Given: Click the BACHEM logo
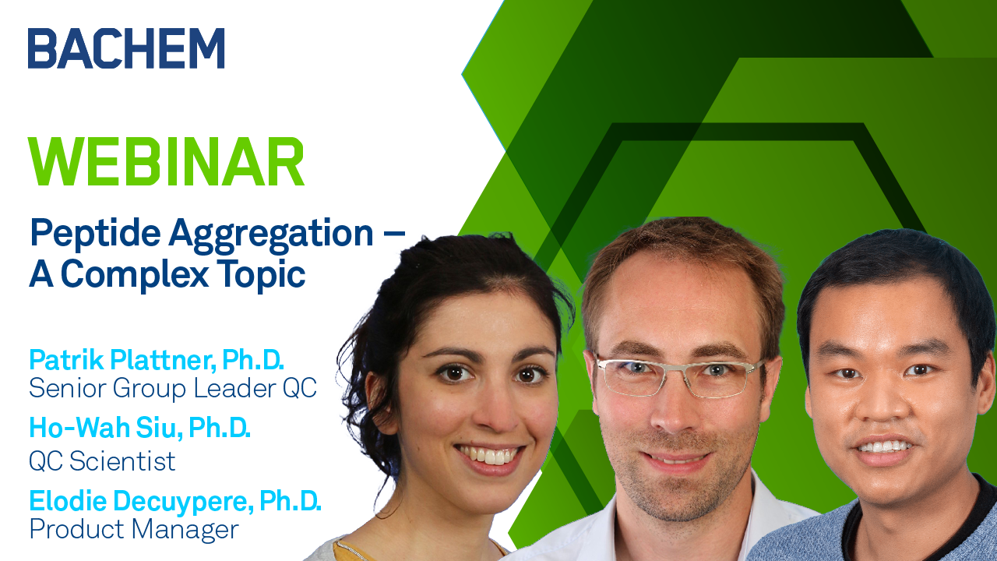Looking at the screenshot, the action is click(x=126, y=48).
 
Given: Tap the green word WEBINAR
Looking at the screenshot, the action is click(x=167, y=161).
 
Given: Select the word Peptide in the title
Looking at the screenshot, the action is click(x=95, y=234).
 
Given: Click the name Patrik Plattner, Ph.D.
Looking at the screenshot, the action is click(x=157, y=360).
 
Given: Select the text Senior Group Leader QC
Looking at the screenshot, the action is click(x=173, y=389).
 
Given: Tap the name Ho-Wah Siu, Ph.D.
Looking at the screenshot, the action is click(x=139, y=428).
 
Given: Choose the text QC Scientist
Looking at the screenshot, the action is click(x=102, y=460).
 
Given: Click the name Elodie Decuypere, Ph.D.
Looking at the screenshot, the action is click(x=175, y=501).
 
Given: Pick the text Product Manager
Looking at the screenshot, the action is click(x=134, y=530).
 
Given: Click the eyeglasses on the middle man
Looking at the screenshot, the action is click(x=680, y=376).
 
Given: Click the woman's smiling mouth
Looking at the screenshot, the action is click(x=488, y=457).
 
